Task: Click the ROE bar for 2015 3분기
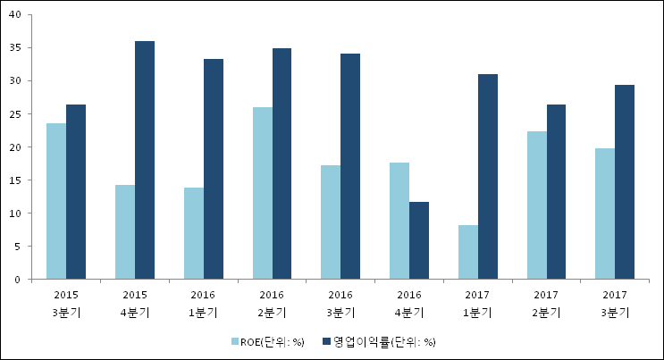pos(56,201)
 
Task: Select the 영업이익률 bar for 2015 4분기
pos(145,160)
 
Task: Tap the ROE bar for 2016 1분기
pos(194,233)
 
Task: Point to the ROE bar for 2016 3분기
pos(331,222)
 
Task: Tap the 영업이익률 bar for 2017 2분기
pos(556,192)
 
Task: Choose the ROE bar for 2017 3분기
pos(605,213)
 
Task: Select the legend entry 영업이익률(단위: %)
pos(383,341)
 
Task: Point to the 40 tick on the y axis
pos(21,14)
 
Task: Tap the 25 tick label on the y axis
pos(21,113)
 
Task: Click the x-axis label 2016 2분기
pos(272,303)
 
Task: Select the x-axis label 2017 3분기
pos(615,303)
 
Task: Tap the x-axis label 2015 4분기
pos(135,303)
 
